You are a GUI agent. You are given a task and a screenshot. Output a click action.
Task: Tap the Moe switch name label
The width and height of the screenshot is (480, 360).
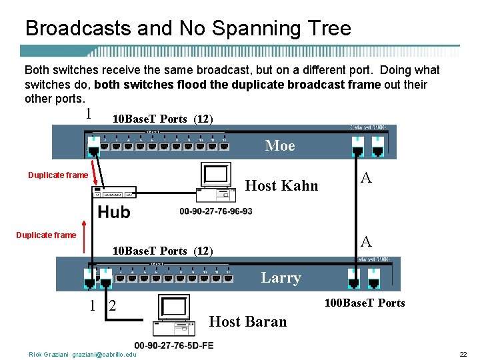click(x=280, y=145)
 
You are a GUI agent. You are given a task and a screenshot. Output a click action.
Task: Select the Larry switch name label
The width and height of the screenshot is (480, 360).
click(x=281, y=277)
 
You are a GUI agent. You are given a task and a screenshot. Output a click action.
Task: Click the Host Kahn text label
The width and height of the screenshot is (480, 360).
click(x=282, y=185)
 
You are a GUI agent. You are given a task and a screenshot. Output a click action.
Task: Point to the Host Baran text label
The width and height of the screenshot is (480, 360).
click(x=248, y=321)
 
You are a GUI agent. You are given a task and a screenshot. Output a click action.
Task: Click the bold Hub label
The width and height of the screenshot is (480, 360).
click(x=114, y=212)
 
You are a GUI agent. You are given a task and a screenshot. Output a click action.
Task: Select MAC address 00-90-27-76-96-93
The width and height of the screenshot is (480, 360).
click(x=216, y=211)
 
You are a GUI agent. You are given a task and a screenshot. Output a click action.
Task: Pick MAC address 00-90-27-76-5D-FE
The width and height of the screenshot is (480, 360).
click(x=174, y=345)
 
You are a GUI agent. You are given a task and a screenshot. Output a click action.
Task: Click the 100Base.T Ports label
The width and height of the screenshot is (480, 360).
click(x=365, y=303)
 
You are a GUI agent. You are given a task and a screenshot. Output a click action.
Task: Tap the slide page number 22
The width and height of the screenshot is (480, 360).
click(x=463, y=354)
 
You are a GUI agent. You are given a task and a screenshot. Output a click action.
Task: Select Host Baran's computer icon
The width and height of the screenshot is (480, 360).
click(x=175, y=315)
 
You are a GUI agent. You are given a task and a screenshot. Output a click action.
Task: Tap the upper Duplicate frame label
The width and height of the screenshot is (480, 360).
click(x=57, y=175)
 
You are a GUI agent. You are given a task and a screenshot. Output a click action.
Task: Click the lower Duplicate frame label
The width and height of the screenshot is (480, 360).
click(x=46, y=235)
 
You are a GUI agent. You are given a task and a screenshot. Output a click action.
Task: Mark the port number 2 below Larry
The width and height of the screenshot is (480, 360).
click(x=112, y=306)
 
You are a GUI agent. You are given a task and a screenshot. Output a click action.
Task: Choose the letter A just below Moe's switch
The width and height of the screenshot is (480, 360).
click(x=365, y=177)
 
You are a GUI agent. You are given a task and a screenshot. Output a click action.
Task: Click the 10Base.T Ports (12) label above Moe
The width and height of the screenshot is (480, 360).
click(x=162, y=119)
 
